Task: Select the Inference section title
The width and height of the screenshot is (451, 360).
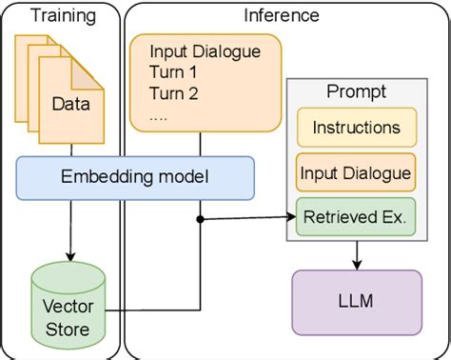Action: tap(281, 14)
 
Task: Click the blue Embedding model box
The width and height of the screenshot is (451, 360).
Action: tap(135, 178)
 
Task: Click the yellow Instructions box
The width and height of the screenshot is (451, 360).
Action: tap(356, 128)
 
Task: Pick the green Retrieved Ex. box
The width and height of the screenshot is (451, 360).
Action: tap(356, 216)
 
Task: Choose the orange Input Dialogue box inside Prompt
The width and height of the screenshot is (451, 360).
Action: tap(356, 172)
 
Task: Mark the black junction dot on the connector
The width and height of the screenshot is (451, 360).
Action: tap(200, 220)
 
